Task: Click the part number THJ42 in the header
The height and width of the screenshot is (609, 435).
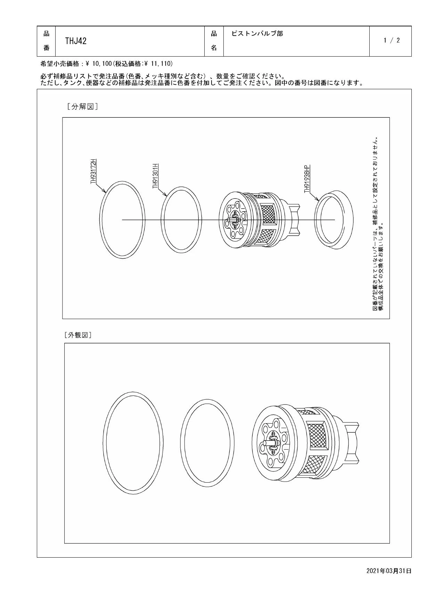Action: [x=76, y=41]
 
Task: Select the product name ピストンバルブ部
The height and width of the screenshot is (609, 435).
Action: [x=257, y=34]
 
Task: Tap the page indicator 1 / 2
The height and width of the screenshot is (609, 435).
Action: [x=392, y=40]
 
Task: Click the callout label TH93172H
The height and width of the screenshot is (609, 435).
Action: [x=93, y=171]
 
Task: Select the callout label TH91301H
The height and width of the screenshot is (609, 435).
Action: [x=155, y=176]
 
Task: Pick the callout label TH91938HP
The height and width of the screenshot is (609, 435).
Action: [x=307, y=179]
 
